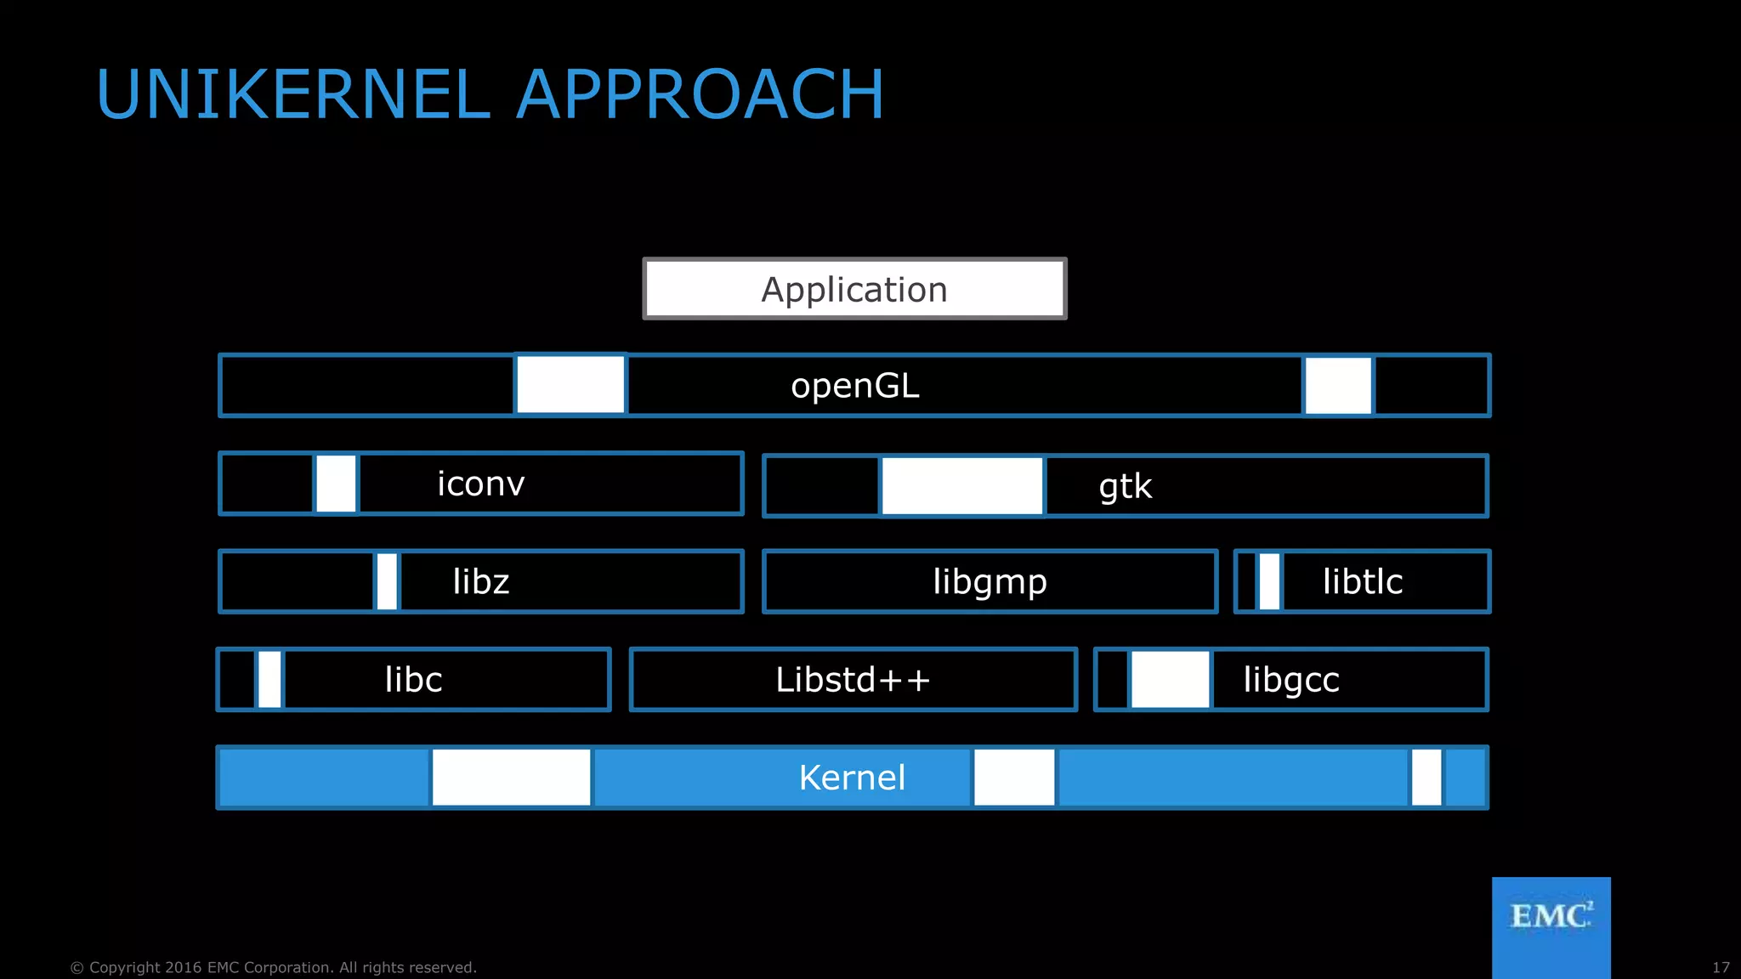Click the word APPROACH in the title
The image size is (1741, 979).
(700, 94)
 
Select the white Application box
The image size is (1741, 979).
(854, 289)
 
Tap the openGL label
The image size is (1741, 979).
(855, 386)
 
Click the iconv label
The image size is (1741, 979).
(481, 484)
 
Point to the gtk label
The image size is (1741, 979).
(1126, 486)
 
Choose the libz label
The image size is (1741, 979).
(481, 581)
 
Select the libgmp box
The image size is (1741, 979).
(990, 581)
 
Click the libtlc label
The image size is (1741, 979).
(1363, 581)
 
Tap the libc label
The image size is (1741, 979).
(413, 680)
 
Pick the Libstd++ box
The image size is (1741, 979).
(853, 680)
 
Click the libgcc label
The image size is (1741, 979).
(1291, 680)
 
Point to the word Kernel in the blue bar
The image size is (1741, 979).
(852, 778)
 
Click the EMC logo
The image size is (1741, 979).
(1551, 918)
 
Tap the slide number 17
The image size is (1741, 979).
(1721, 968)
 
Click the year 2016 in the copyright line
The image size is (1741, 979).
(184, 968)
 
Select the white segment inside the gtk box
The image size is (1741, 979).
(962, 486)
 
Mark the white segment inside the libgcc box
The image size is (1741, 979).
(1170, 680)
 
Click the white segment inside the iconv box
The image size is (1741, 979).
(336, 484)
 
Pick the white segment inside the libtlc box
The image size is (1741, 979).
(1269, 581)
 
